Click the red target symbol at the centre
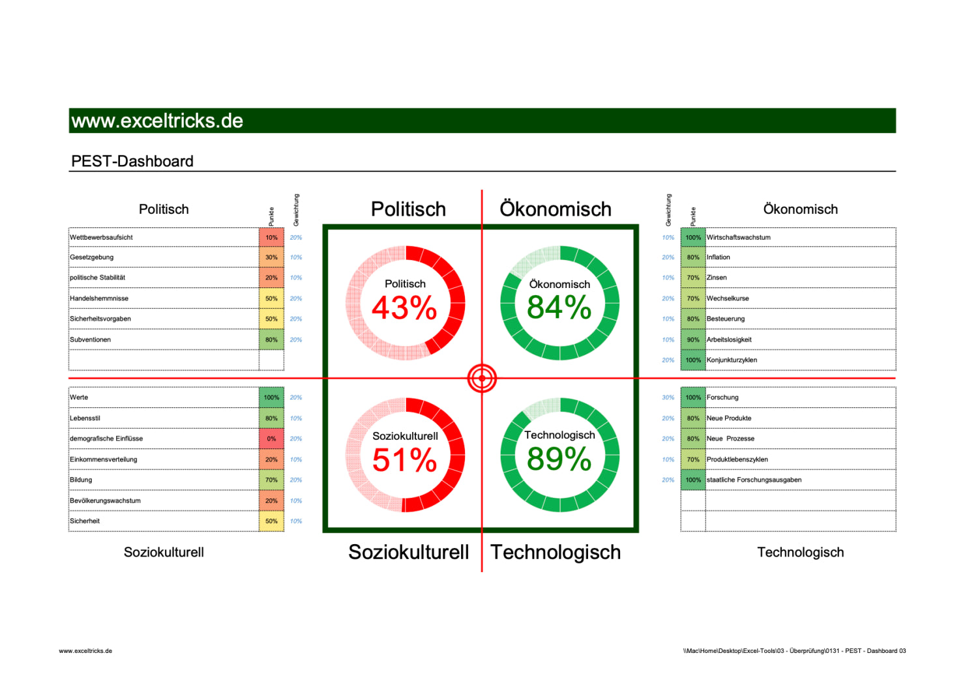coord(482,378)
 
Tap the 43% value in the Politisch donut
coord(404,308)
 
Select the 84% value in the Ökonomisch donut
coord(559,308)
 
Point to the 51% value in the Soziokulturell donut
coord(404,460)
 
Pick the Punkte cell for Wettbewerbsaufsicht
coord(271,237)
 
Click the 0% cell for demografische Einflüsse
coord(271,439)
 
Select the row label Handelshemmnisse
coord(99,298)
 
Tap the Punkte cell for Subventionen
coord(271,340)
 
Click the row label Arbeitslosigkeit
coord(729,340)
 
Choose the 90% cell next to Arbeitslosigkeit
coord(692,340)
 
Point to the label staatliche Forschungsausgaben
coord(754,480)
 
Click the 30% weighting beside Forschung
coord(668,398)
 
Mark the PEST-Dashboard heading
coord(132,161)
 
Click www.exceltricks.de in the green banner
coord(157,121)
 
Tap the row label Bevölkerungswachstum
coord(105,500)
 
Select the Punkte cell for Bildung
coord(271,480)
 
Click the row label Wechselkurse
coord(728,298)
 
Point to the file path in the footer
coord(794,650)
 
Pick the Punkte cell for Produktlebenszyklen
coord(692,459)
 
